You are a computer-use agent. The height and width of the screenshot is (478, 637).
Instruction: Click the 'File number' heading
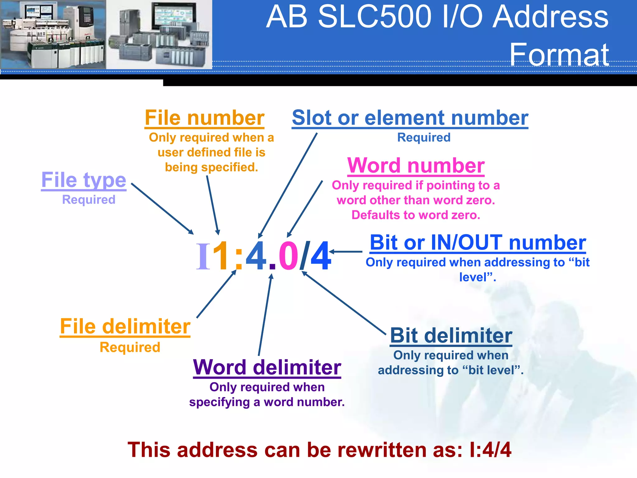click(x=204, y=118)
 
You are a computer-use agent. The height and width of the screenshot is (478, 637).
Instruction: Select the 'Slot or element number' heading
click(x=410, y=118)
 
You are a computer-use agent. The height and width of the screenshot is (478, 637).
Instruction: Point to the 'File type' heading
click(x=84, y=180)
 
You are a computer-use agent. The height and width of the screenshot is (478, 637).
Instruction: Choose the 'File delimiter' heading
click(x=125, y=326)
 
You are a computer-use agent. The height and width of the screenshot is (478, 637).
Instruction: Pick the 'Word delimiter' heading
click(x=267, y=368)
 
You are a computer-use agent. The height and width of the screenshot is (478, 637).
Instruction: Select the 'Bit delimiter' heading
click(x=451, y=336)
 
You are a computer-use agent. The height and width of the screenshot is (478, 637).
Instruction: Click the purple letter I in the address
click(x=203, y=256)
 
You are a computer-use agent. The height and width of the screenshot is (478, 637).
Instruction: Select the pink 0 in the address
click(x=288, y=256)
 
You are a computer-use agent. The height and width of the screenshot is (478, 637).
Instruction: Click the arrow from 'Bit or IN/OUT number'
click(x=346, y=251)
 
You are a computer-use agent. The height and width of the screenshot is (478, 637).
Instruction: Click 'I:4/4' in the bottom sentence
click(x=490, y=450)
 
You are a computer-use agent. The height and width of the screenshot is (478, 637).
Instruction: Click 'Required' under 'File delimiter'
click(x=130, y=347)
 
